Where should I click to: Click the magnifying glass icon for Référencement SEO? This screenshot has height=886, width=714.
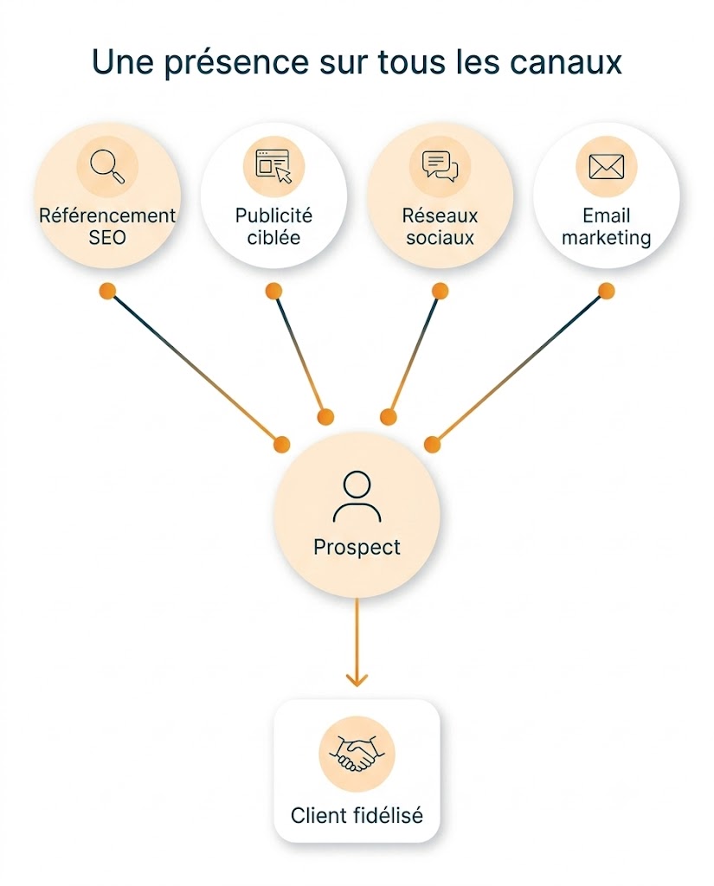(106, 165)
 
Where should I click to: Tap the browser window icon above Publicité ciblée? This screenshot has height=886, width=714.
(273, 166)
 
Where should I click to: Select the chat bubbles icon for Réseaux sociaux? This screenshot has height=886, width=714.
(440, 166)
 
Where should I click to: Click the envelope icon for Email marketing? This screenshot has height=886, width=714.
(606, 166)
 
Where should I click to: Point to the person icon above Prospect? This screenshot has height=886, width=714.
(357, 497)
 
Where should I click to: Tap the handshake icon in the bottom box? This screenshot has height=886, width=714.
(357, 754)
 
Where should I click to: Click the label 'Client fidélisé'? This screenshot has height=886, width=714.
(357, 815)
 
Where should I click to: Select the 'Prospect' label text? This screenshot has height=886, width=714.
(357, 547)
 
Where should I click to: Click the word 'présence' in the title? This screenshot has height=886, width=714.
(236, 62)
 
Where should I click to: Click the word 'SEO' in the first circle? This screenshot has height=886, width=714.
(106, 237)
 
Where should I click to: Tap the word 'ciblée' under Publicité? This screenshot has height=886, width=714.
(273, 237)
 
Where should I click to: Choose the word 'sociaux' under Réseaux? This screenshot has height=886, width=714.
(440, 237)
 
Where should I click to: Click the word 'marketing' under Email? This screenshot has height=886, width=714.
(606, 238)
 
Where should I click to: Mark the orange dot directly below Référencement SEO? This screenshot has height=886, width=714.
(107, 291)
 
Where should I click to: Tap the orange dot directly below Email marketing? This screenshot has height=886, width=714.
(606, 291)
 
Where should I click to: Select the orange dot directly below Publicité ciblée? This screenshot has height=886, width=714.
(273, 291)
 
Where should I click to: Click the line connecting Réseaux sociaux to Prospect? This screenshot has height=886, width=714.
(414, 354)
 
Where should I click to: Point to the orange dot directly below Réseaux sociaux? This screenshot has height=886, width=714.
(440, 291)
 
